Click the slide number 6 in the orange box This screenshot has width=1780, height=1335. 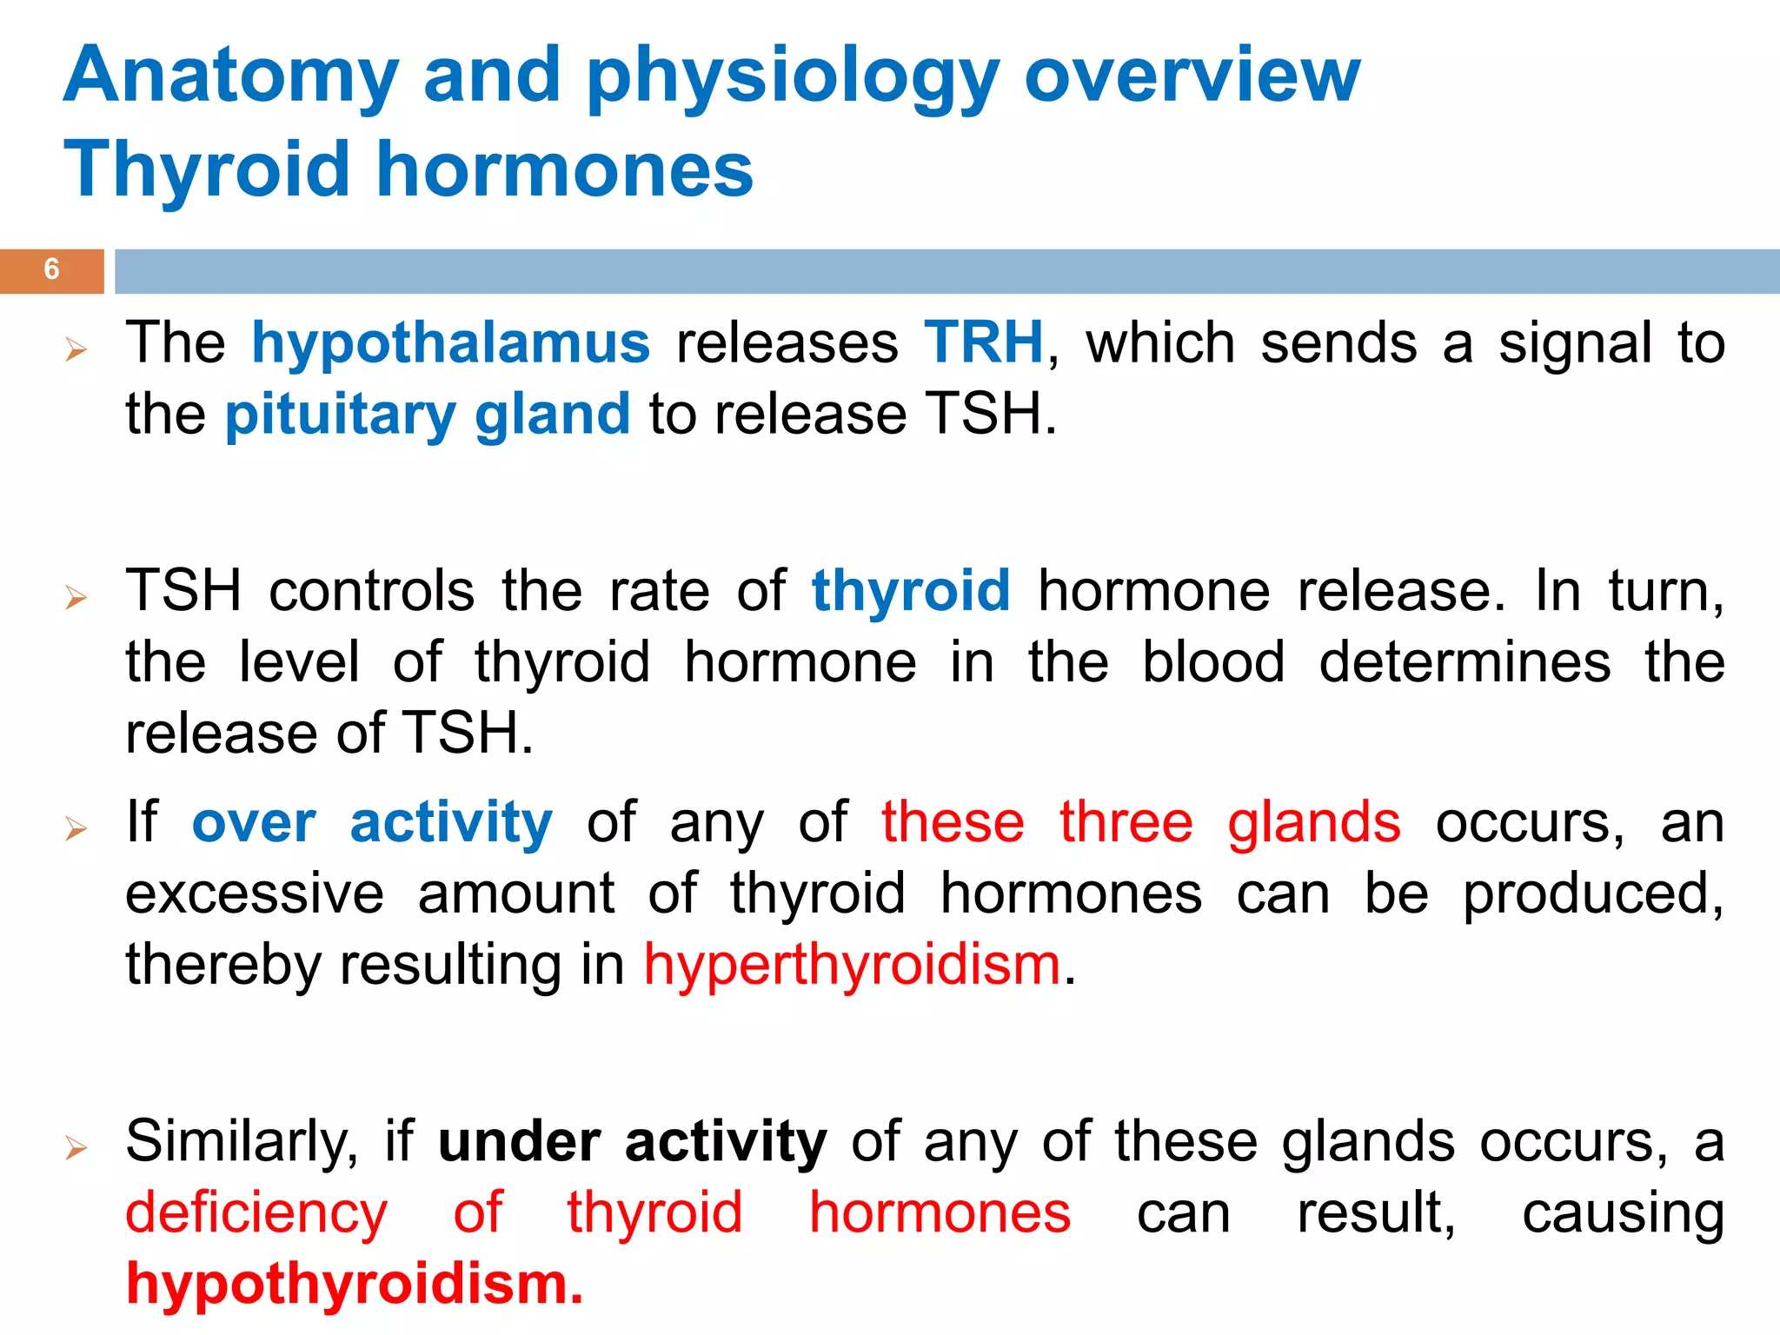click(51, 269)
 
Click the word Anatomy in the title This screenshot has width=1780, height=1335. click(231, 76)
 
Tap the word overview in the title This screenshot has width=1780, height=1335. click(1192, 76)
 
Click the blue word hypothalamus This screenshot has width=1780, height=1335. click(450, 343)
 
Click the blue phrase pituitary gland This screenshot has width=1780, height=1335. click(428, 415)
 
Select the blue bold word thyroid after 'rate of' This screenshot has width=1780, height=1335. click(911, 591)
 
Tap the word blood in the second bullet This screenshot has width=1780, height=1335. click(1212, 662)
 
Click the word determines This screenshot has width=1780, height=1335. click(1465, 662)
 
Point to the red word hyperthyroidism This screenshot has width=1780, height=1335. click(852, 966)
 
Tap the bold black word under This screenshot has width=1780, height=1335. click(519, 1142)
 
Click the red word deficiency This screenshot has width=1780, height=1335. click(256, 1213)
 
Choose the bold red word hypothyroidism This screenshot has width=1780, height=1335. click(354, 1285)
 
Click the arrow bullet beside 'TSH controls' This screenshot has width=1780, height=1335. click(76, 598)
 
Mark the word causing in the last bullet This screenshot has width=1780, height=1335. click(1623, 1213)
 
